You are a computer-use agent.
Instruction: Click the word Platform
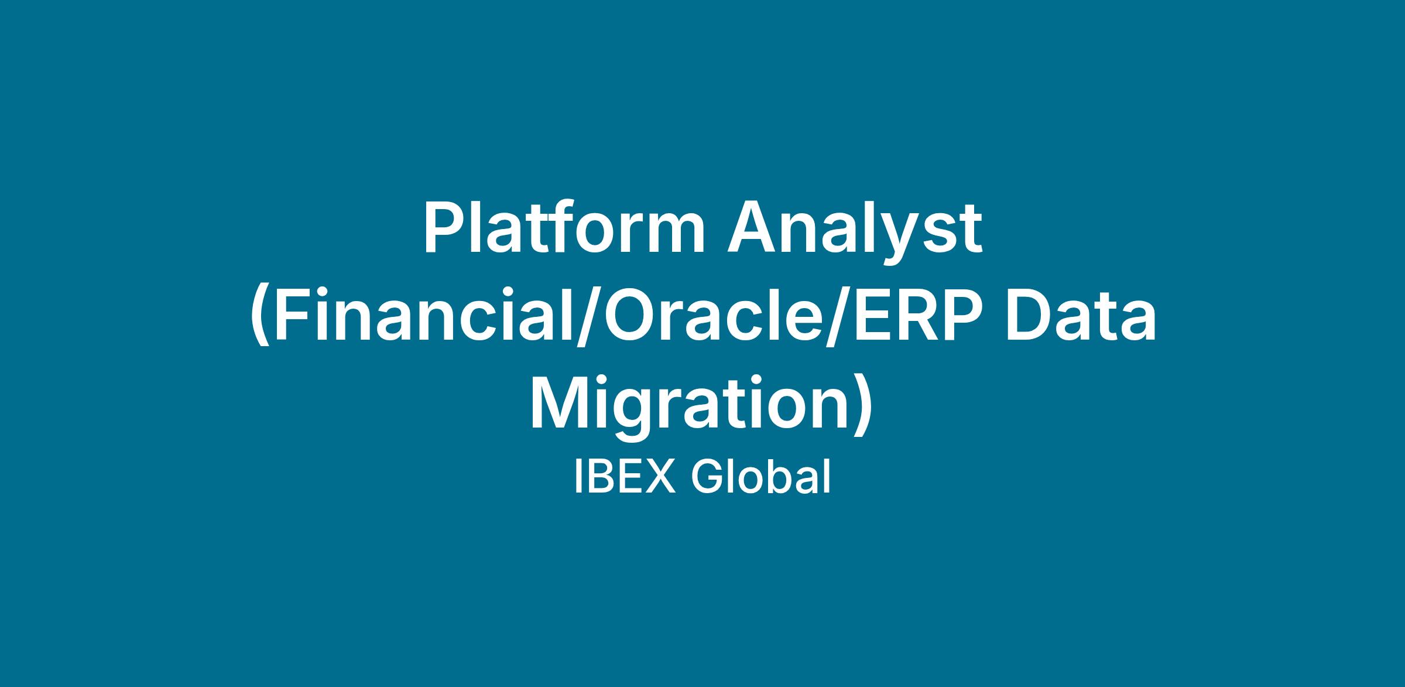[x=564, y=229]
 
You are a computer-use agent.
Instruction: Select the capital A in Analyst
[x=752, y=229]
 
